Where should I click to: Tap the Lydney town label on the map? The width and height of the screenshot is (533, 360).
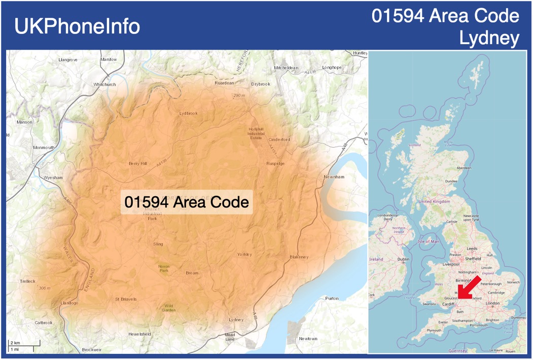pyautogui.click(x=236, y=320)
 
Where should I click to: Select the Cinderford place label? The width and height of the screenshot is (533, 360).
pyautogui.click(x=279, y=139)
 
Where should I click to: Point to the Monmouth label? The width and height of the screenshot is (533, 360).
pyautogui.click(x=44, y=148)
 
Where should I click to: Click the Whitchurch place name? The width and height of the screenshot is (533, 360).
pyautogui.click(x=104, y=84)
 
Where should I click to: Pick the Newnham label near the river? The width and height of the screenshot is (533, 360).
pyautogui.click(x=334, y=177)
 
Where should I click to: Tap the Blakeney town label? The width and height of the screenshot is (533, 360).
pyautogui.click(x=299, y=257)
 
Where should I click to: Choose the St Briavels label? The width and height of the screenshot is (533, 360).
pyautogui.click(x=126, y=299)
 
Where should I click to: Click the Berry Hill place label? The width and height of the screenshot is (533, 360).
pyautogui.click(x=137, y=163)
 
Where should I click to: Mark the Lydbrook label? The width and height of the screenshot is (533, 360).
pyautogui.click(x=188, y=113)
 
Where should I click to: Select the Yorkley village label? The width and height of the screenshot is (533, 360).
pyautogui.click(x=244, y=254)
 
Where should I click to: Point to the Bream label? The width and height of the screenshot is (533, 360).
pyautogui.click(x=192, y=273)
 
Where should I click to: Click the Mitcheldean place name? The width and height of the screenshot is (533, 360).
pyautogui.click(x=286, y=68)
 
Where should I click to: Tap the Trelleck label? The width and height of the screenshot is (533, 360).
pyautogui.click(x=28, y=281)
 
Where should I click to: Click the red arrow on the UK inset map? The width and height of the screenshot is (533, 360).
pyautogui.click(x=471, y=287)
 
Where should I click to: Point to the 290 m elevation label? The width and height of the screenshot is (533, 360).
pyautogui.click(x=239, y=95)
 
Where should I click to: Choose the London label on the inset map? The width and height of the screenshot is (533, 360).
pyautogui.click(x=492, y=303)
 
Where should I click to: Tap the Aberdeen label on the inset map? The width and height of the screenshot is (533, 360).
pyautogui.click(x=464, y=168)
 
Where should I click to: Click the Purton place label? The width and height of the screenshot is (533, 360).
pyautogui.click(x=332, y=298)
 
